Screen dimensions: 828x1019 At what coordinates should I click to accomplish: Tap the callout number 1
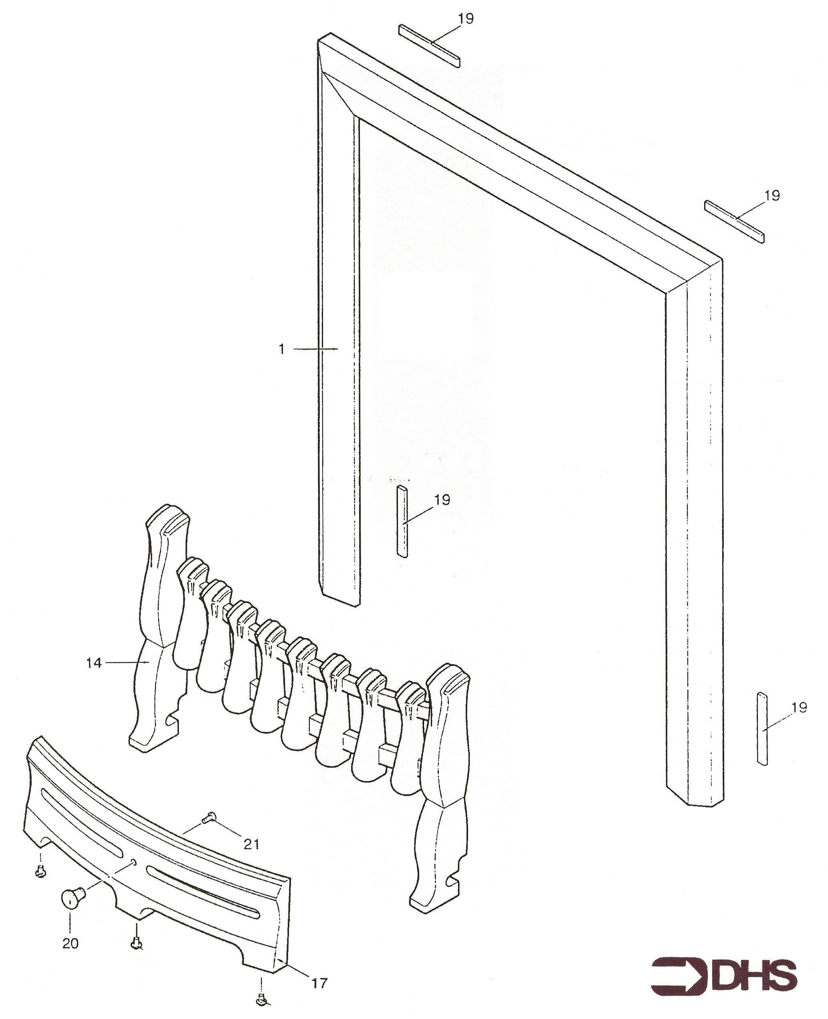tap(281, 349)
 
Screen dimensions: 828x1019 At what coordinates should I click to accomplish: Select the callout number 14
tap(94, 663)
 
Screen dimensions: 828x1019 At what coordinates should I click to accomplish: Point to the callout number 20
tap(71, 943)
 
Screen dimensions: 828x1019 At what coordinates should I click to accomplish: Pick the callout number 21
tap(251, 844)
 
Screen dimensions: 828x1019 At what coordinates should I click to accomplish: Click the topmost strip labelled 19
tap(429, 46)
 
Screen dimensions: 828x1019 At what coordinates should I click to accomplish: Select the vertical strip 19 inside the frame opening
tap(402, 521)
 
